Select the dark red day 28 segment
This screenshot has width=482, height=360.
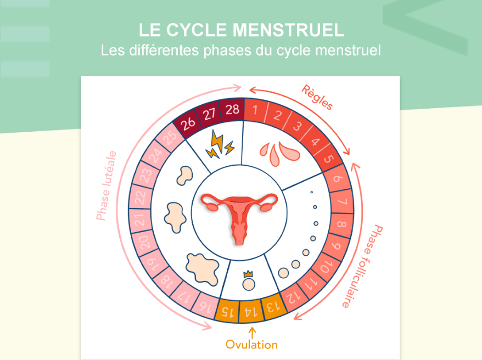(232, 110)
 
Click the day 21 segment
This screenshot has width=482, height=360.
(140, 220)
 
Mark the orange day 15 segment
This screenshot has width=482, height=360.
(227, 310)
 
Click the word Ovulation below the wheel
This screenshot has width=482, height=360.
(251, 345)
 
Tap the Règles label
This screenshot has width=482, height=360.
(317, 97)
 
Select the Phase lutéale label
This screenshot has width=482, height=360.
(107, 186)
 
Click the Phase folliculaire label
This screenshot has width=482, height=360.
(363, 266)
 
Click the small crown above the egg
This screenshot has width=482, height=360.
(248, 273)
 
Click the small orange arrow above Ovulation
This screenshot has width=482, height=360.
(253, 333)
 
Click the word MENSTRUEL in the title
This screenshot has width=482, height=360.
(288, 30)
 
